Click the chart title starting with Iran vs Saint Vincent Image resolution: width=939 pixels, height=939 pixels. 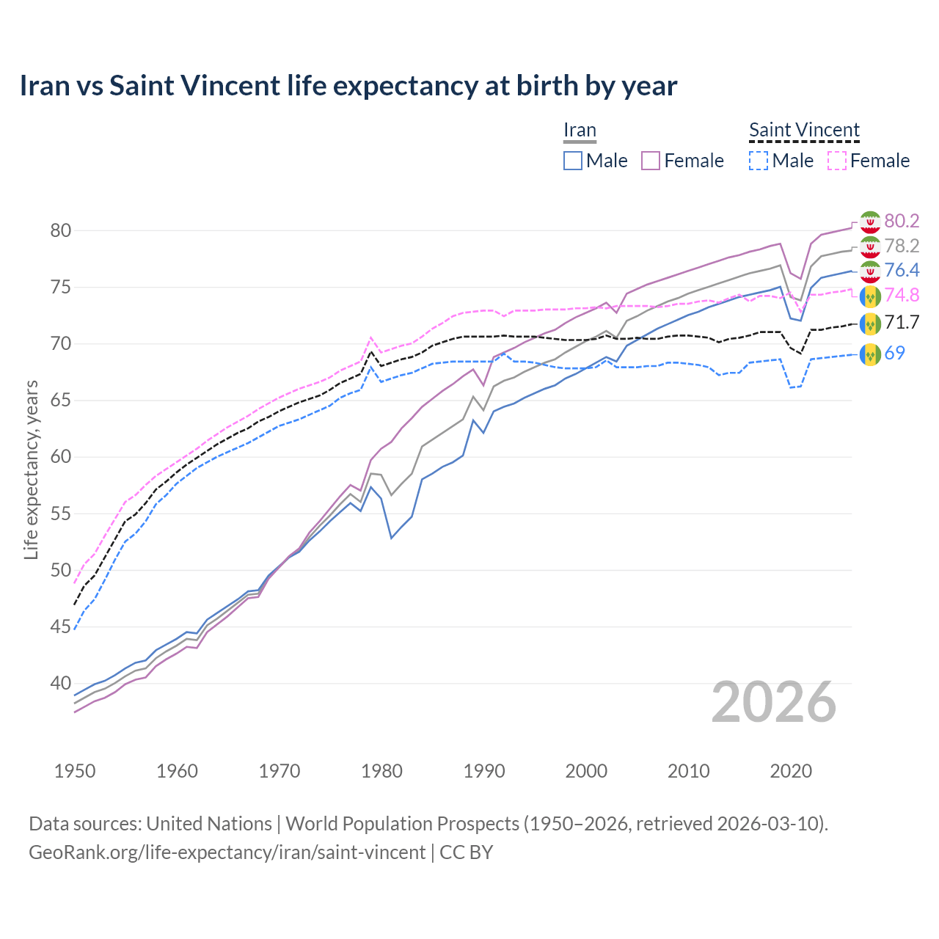348,86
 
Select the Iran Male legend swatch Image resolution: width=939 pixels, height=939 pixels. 573,161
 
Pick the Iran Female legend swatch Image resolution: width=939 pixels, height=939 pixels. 651,161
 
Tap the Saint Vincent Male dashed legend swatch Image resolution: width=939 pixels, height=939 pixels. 759,161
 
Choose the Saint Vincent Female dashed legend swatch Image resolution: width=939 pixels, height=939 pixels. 837,161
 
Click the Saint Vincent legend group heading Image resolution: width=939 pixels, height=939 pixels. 804,130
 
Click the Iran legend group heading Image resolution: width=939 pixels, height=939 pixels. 580,130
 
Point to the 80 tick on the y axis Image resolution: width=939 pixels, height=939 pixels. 61,230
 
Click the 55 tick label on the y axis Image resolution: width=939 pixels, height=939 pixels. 61,514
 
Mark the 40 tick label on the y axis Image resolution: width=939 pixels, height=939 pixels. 61,683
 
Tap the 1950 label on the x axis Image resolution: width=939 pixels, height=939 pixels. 75,771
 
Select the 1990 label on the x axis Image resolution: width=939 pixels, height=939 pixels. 484,771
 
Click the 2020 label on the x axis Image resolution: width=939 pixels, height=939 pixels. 791,771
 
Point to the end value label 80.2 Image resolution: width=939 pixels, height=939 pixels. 902,221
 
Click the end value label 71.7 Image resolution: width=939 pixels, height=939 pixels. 902,322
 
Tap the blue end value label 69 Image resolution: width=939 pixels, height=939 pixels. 895,353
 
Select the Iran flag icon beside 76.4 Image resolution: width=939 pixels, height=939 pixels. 870,271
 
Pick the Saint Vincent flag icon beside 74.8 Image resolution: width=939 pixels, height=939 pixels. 870,296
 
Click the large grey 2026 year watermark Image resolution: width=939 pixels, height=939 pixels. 774,702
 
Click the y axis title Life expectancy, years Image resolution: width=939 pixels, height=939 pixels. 32,469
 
